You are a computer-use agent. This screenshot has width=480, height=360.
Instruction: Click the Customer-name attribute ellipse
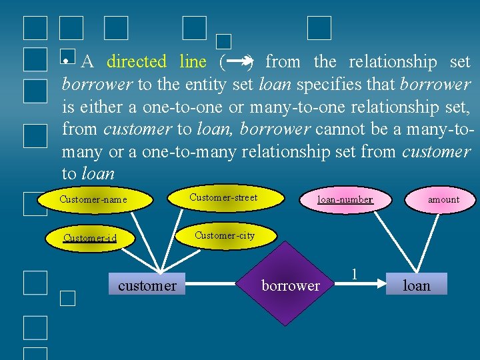93,199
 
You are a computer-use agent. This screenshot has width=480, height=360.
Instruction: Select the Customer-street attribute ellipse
223,197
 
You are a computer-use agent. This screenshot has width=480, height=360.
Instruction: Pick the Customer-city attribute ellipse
224,235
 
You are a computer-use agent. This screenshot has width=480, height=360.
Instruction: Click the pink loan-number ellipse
345,199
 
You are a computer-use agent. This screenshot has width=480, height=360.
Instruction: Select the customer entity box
147,286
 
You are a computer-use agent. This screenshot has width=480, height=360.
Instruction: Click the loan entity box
417,285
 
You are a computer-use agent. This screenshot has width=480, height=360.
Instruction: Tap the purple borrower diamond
290,285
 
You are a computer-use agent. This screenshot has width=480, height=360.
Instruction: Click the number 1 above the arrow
354,273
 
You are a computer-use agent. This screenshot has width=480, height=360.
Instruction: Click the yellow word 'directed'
136,62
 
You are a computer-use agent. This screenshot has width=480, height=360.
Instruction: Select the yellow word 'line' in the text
193,62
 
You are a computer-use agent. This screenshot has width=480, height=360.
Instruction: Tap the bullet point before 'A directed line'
66,61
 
